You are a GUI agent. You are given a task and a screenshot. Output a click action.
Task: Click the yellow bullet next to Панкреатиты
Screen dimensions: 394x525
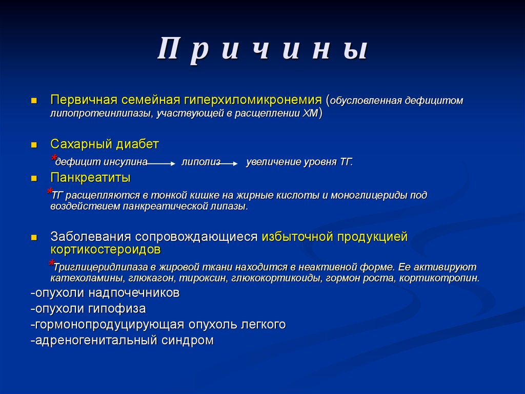(x=34, y=179)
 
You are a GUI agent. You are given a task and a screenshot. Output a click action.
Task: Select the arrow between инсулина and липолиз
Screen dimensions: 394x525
(x=162, y=163)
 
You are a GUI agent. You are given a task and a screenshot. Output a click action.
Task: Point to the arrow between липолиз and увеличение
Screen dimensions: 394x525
(x=230, y=163)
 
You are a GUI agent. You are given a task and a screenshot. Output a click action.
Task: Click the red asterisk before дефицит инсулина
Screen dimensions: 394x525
(x=53, y=158)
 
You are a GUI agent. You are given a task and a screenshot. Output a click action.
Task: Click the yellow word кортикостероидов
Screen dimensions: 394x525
(x=106, y=250)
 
